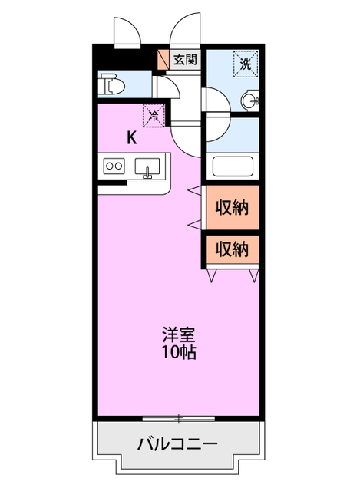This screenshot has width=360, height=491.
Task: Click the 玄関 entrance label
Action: [x=185, y=60]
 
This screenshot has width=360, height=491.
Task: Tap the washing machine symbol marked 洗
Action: [x=246, y=64]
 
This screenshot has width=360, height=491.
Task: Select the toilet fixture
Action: [x=111, y=84]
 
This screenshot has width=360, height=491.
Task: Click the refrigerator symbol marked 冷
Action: [x=154, y=116]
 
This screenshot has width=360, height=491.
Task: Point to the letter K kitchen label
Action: [x=132, y=137]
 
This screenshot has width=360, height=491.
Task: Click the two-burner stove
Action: [x=114, y=166]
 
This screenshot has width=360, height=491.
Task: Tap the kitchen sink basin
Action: [x=147, y=166]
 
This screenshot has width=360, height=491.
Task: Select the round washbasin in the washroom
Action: [x=251, y=101]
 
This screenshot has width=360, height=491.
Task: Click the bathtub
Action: [x=233, y=166]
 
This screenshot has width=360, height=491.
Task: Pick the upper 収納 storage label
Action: [x=232, y=207]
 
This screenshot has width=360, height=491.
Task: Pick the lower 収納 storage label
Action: [x=232, y=249]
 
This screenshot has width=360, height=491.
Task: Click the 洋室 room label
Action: [x=179, y=334]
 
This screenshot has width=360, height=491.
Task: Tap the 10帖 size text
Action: [x=179, y=352]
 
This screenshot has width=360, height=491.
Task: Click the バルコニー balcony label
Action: [x=177, y=443]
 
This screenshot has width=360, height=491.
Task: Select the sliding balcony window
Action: [x=179, y=418]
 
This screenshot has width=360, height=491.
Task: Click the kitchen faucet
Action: [x=147, y=173]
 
